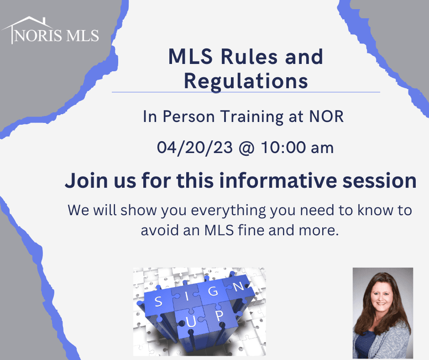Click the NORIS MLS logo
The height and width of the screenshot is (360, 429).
(50, 30)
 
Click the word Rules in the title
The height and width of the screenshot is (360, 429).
(249, 57)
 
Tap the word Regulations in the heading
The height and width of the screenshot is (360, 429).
(246, 81)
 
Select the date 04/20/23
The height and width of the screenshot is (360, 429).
(194, 148)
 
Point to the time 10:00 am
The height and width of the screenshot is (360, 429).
(297, 148)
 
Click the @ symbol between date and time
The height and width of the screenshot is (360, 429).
(246, 148)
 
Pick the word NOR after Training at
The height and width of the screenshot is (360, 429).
(326, 116)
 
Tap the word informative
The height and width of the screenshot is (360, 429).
(278, 180)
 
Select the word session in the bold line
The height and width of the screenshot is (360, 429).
(379, 181)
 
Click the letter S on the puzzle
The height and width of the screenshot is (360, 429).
(158, 302)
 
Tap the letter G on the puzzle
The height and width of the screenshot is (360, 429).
(213, 291)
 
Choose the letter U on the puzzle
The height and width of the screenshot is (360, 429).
(191, 322)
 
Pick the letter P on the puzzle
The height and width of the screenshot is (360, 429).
(219, 316)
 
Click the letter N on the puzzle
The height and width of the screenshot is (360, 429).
(239, 286)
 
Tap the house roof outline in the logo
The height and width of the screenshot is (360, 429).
(27, 22)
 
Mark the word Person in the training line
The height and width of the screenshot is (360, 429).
(188, 116)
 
